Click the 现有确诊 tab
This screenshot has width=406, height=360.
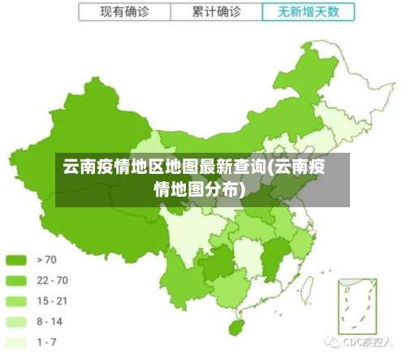click(125, 11)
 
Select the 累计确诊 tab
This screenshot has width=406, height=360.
click(218, 11)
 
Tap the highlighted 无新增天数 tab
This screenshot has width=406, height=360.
click(308, 11)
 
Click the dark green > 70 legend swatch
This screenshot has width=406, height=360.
click(17, 260)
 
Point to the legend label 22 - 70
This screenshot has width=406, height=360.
click(53, 280)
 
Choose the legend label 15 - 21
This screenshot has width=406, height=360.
click(53, 301)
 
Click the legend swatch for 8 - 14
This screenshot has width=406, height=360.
click(17, 321)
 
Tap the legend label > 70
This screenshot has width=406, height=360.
click(47, 260)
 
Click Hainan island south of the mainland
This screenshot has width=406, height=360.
click(235, 327)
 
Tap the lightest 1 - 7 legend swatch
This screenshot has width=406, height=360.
click(17, 342)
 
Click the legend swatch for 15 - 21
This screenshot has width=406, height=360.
click(17, 301)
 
